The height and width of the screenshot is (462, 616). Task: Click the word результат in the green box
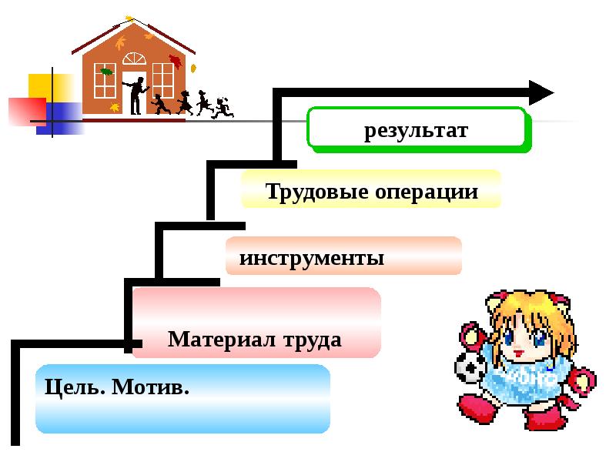pyautogui.click(x=416, y=131)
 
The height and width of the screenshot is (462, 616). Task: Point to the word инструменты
pyautogui.click(x=312, y=257)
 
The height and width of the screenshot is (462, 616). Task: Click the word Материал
pyautogui.click(x=223, y=339)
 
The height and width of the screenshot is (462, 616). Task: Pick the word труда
pyautogui.click(x=313, y=339)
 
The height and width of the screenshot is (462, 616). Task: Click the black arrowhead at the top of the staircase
pyautogui.click(x=541, y=92)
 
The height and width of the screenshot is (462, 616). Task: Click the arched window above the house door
pyautogui.click(x=134, y=60)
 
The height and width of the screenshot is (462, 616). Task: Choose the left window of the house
pyautogui.click(x=104, y=80)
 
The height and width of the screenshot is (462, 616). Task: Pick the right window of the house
pyautogui.click(x=163, y=80)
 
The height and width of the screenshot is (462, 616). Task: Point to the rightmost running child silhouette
pyautogui.click(x=223, y=107)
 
